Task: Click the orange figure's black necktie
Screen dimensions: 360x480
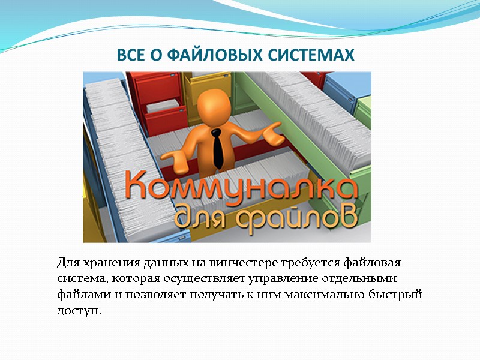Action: tap(218, 147)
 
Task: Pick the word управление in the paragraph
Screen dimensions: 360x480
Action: tap(263, 279)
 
